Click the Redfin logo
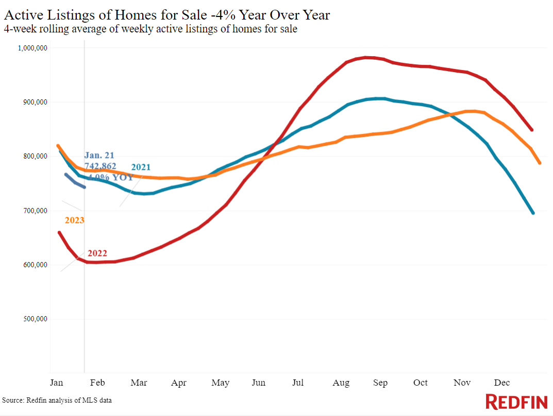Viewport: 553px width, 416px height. pos(517,402)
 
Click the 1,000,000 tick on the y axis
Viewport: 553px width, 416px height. pos(33,48)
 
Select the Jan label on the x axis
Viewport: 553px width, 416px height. pos(56,383)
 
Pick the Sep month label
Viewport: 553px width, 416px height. pos(380,383)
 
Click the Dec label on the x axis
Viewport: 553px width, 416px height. pos(501,383)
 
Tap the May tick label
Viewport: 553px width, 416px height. pos(220,383)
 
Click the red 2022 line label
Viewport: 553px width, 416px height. pos(97,253)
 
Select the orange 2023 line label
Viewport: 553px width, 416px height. pos(74,220)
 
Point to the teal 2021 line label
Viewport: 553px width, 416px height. pos(141,167)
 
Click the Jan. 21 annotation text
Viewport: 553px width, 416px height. pos(99,155)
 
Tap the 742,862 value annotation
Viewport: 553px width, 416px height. pos(100,166)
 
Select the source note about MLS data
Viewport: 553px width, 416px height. pos(57,400)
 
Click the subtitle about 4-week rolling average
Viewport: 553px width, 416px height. pos(150,29)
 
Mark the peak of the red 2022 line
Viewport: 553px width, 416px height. pos(366,58)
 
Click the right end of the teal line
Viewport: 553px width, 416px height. pos(533,213)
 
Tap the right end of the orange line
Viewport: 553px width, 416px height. pos(540,163)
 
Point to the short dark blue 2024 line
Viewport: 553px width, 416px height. pos(75,181)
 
